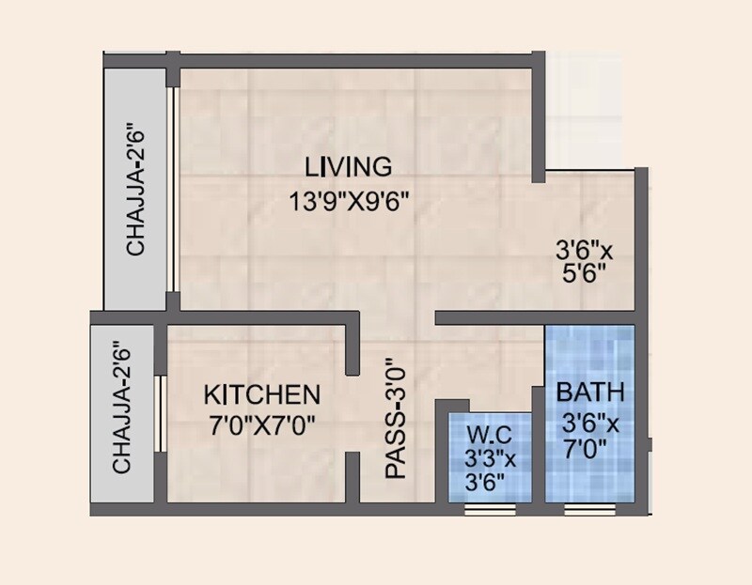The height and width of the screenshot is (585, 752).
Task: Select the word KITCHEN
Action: [262, 393]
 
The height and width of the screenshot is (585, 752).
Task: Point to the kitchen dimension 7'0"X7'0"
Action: [261, 423]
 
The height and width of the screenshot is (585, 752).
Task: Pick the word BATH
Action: [589, 392]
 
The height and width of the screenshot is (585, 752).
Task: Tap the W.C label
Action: [487, 437]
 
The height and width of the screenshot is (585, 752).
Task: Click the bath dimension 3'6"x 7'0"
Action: [590, 436]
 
